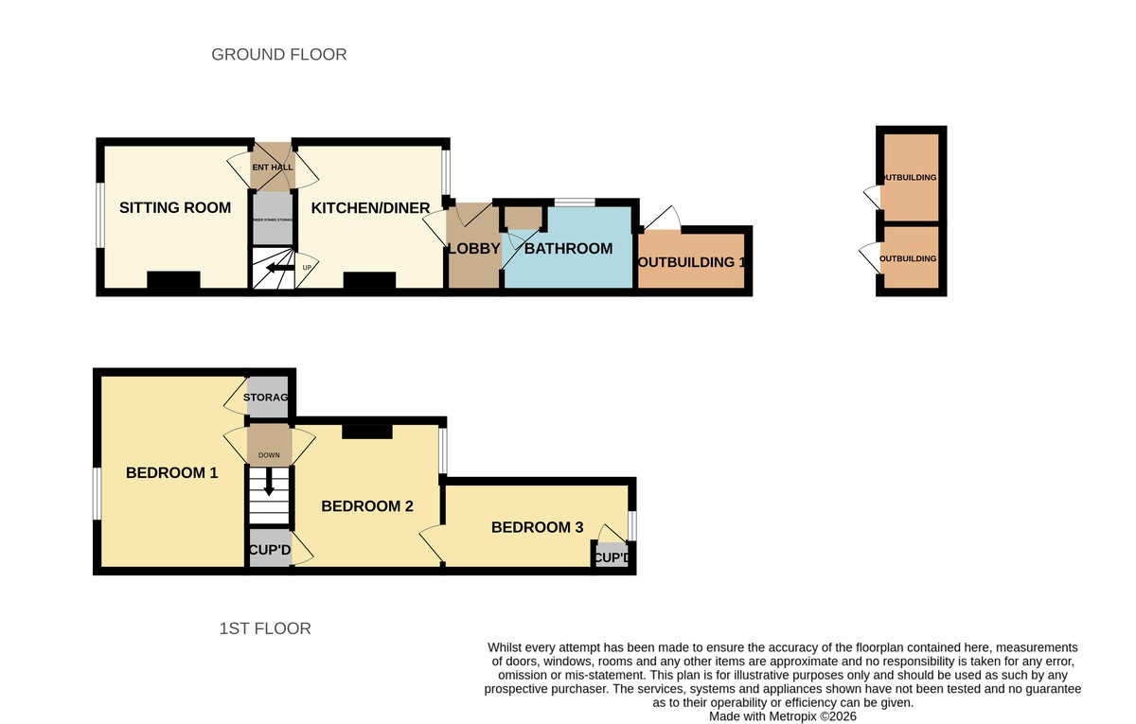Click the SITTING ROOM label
pyautogui.click(x=175, y=207)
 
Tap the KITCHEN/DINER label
pyautogui.click(x=371, y=207)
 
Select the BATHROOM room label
pyautogui.click(x=568, y=249)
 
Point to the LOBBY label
pyautogui.click(x=473, y=249)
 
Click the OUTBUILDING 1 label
pyautogui.click(x=692, y=262)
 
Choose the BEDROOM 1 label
pyautogui.click(x=172, y=472)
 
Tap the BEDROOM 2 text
pyautogui.click(x=367, y=506)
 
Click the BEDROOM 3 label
pyautogui.click(x=537, y=527)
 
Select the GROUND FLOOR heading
pyautogui.click(x=279, y=55)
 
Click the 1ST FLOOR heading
pyautogui.click(x=265, y=628)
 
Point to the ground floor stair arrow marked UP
pyautogui.click(x=278, y=269)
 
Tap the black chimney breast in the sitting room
pyautogui.click(x=174, y=280)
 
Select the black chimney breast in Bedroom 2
pyautogui.click(x=367, y=432)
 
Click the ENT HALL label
pyautogui.click(x=272, y=168)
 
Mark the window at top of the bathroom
pyautogui.click(x=575, y=202)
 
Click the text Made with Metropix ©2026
pyautogui.click(x=783, y=717)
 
